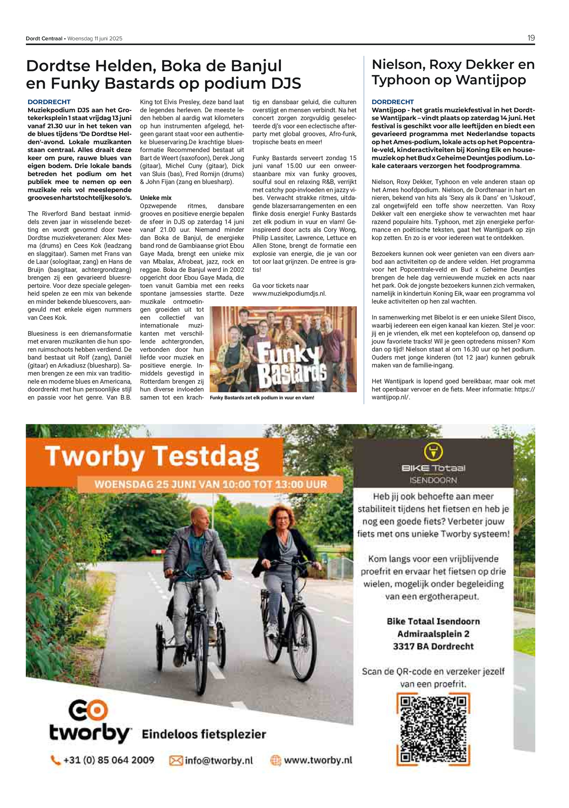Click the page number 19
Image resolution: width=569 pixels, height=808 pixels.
(x=531, y=38)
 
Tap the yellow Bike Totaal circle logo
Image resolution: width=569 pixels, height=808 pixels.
(x=433, y=452)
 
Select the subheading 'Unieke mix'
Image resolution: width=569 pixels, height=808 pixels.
(x=156, y=198)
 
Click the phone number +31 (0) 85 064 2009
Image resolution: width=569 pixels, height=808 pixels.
(x=108, y=760)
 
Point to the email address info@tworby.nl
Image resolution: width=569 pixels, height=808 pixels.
(x=219, y=760)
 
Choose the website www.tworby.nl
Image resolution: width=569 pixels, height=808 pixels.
(x=318, y=760)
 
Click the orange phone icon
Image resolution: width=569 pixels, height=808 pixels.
(x=55, y=760)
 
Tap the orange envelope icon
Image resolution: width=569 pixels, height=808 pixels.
(x=176, y=760)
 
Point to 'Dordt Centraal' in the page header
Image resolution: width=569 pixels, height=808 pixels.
(x=44, y=38)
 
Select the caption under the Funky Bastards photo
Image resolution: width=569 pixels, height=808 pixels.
(x=262, y=398)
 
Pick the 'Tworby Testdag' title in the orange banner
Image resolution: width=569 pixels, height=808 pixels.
(x=152, y=456)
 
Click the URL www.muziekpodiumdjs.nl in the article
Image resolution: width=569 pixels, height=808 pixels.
(x=289, y=293)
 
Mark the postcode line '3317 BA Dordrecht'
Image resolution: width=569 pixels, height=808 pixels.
(x=433, y=646)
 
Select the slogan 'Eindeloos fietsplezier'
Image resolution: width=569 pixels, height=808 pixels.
(x=204, y=734)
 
